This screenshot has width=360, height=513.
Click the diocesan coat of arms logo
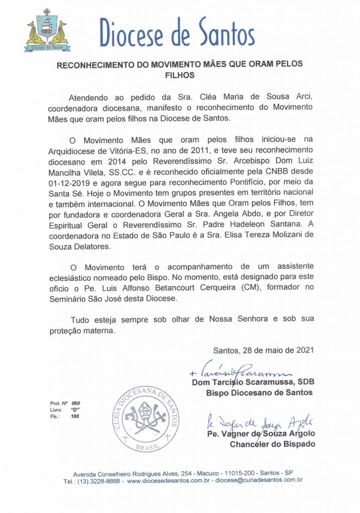coord(46,31)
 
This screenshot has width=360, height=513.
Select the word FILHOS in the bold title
coord(180,75)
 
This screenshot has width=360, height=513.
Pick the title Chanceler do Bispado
coord(271,444)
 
